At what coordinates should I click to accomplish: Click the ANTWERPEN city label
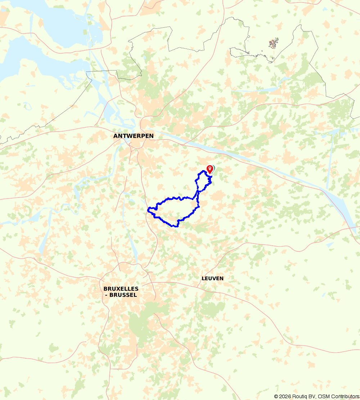(133, 136)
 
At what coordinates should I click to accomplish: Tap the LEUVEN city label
(212, 278)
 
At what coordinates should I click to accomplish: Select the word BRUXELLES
(121, 289)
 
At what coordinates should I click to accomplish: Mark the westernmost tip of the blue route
(148, 209)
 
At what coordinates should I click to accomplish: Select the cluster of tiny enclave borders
(274, 44)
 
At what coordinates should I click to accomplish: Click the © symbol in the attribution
(276, 396)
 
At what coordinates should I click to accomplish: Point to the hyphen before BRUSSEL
(106, 295)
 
